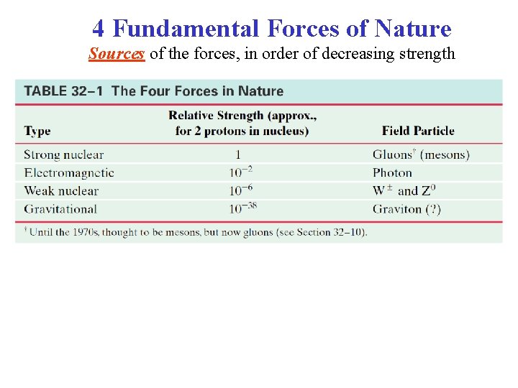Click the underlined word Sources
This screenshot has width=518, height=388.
[x=117, y=54]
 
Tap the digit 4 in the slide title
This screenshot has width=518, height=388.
[x=99, y=29]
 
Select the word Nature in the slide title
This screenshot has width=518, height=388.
[x=417, y=29]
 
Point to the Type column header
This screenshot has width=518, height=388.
[x=37, y=131]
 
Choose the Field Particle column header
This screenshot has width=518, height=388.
[x=418, y=131]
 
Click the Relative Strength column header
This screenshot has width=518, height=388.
[x=242, y=123]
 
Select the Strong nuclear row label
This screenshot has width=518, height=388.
[x=63, y=154]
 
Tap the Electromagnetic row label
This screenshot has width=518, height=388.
[x=69, y=172]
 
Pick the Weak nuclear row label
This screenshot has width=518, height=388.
[x=61, y=190]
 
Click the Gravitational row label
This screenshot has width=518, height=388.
[x=60, y=209]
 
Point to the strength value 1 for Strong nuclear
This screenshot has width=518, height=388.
[x=238, y=154]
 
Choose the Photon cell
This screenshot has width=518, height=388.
[x=392, y=172]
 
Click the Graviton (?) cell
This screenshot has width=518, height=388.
[x=406, y=209]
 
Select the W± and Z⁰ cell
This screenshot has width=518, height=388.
[x=404, y=190]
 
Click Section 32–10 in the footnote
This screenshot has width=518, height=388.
[x=336, y=232]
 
